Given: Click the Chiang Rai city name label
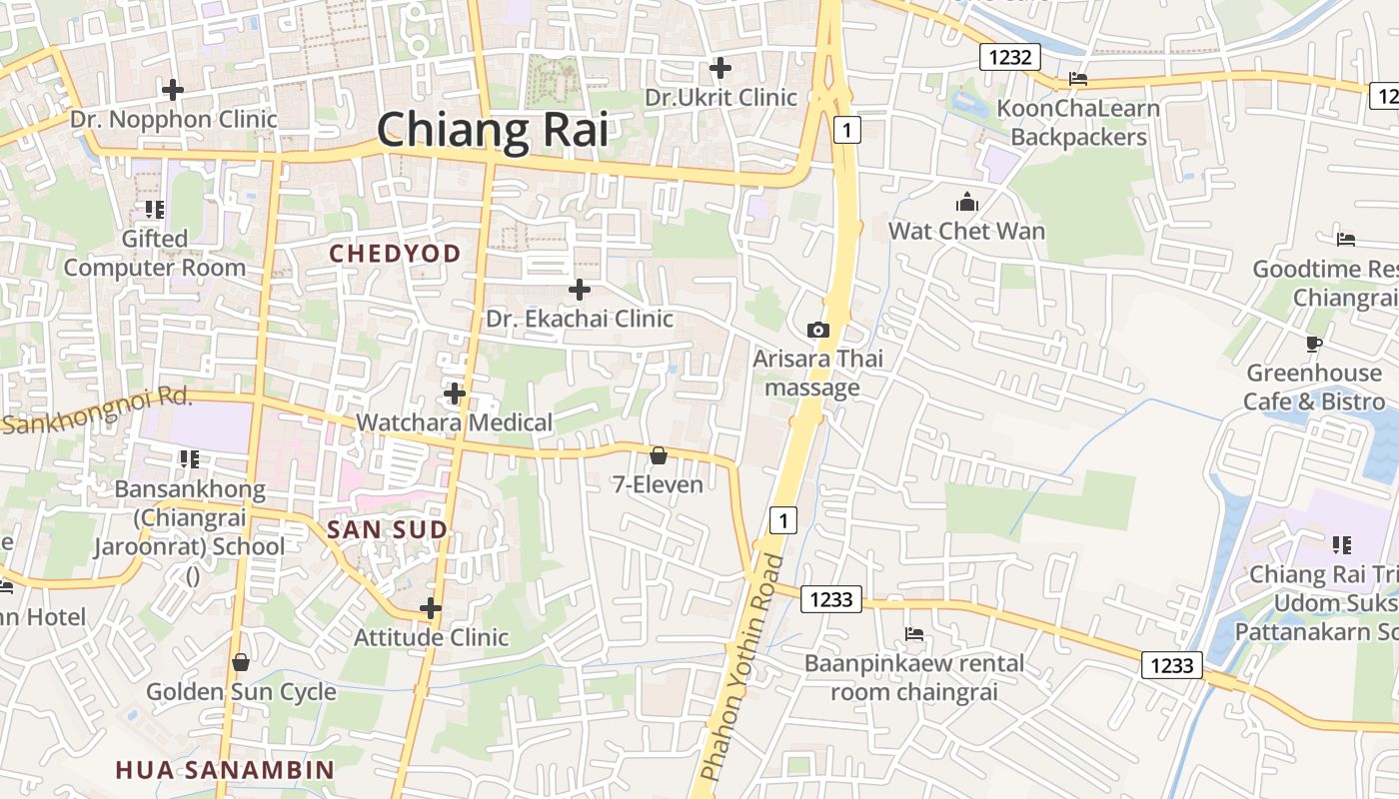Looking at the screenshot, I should pyautogui.click(x=492, y=130).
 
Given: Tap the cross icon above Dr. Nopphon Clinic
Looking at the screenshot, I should pyautogui.click(x=173, y=90).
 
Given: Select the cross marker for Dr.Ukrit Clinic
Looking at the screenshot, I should pyautogui.click(x=719, y=68).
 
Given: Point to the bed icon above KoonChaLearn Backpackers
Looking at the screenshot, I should pyautogui.click(x=1077, y=79).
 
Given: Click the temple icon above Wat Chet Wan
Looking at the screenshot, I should pyautogui.click(x=966, y=203).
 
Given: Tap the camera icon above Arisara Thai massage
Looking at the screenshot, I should pyautogui.click(x=817, y=330).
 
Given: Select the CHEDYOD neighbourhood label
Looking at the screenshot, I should pyautogui.click(x=395, y=254).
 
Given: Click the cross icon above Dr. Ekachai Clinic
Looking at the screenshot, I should pyautogui.click(x=579, y=290).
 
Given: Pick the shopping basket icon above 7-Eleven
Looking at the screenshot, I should pyautogui.click(x=659, y=456).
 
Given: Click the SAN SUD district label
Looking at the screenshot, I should pyautogui.click(x=387, y=530).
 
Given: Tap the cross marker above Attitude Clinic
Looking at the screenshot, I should pyautogui.click(x=431, y=608).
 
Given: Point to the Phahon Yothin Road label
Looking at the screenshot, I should pyautogui.click(x=741, y=669).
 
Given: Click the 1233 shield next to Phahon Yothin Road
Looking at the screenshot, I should pyautogui.click(x=831, y=599).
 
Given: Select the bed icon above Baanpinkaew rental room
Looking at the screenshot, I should pyautogui.click(x=913, y=634).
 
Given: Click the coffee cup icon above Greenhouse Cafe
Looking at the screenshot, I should pyautogui.click(x=1314, y=345).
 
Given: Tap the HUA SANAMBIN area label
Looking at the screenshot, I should pyautogui.click(x=224, y=770).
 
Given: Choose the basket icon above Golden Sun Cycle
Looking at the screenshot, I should pyautogui.click(x=240, y=662).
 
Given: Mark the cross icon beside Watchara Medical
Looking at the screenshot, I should pyautogui.click(x=455, y=394).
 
